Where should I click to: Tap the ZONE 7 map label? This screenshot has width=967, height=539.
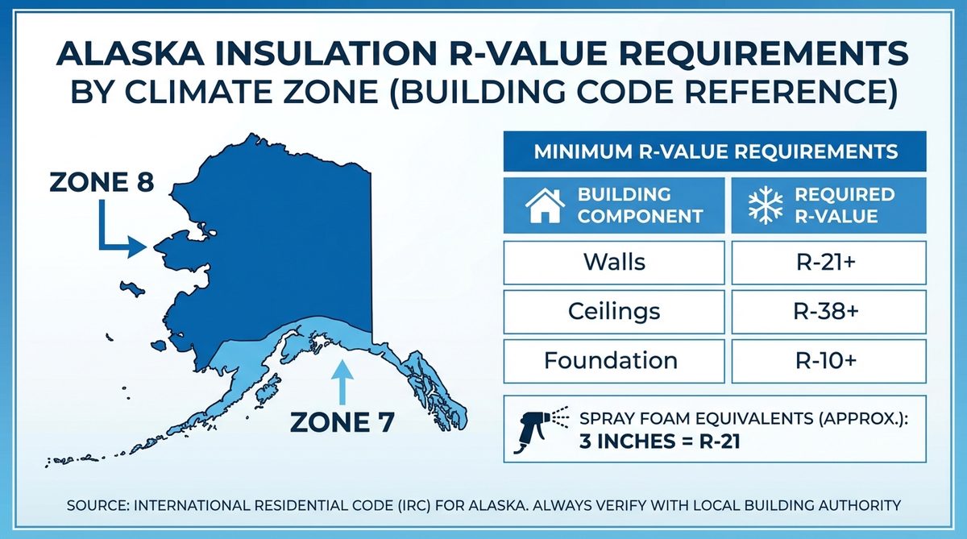tap(342, 421)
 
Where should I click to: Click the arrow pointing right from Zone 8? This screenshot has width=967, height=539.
tap(121, 237)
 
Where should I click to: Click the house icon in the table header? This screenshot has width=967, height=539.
tap(546, 205)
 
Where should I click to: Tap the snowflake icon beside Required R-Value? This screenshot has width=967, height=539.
tap(766, 205)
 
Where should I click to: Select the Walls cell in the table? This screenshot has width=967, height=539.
tap(615, 262)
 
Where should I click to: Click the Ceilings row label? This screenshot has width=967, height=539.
tap(615, 310)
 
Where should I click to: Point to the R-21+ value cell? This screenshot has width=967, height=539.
tap(828, 262)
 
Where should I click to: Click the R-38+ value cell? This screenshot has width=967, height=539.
tap(828, 310)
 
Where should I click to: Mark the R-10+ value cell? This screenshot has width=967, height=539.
tap(828, 360)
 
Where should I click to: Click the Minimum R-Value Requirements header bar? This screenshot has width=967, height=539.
tap(715, 151)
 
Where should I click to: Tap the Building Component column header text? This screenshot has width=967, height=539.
tap(640, 205)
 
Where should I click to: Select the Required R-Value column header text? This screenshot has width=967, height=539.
tap(844, 205)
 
